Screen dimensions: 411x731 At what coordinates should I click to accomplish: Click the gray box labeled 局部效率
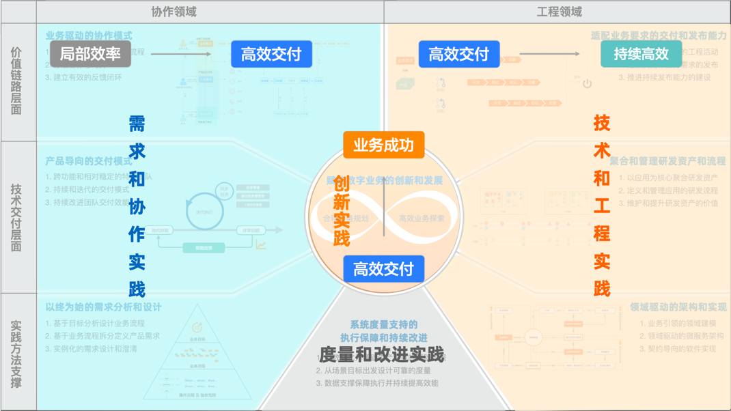click(x=90, y=54)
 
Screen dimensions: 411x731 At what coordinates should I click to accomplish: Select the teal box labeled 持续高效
click(x=641, y=54)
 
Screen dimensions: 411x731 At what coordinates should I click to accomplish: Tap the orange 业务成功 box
click(x=383, y=145)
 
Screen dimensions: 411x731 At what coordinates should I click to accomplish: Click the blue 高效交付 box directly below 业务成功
click(x=383, y=269)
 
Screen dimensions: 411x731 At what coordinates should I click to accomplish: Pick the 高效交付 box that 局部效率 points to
click(x=271, y=54)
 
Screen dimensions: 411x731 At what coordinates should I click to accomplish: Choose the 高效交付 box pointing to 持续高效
click(x=458, y=54)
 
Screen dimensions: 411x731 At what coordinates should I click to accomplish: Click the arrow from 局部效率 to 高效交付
click(x=180, y=54)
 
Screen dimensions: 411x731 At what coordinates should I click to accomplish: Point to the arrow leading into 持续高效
click(x=549, y=54)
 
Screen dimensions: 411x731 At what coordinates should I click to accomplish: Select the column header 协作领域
click(x=174, y=12)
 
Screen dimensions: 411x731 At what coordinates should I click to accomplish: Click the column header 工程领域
click(x=559, y=12)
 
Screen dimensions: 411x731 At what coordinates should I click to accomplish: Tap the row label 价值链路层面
click(x=17, y=81)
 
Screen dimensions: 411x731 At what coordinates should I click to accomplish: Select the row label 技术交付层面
click(x=17, y=217)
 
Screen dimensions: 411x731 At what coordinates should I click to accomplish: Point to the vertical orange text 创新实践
click(x=342, y=211)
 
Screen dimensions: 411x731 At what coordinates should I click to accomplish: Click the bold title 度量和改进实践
click(x=382, y=355)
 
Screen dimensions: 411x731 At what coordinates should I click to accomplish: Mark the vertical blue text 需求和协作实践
click(x=137, y=205)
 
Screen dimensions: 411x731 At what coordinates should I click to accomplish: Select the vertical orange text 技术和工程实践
click(x=601, y=205)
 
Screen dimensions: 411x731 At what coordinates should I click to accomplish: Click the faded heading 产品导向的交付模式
click(x=89, y=162)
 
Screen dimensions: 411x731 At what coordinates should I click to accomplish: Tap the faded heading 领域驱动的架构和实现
click(x=678, y=308)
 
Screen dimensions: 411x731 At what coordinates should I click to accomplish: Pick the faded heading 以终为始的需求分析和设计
click(x=103, y=308)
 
